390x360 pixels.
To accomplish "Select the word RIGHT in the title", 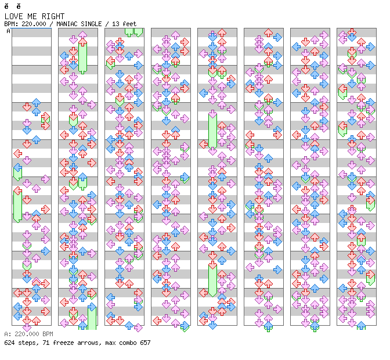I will [x=53, y=16].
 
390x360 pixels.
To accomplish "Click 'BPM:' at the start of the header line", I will [x=11, y=24].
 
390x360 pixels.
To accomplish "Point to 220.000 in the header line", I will [x=34, y=24].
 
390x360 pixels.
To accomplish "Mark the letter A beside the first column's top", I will [x=9, y=31].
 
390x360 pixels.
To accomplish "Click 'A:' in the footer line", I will [x=8, y=334].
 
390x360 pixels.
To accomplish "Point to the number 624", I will [x=9, y=343].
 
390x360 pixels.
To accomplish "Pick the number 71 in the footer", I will [x=46, y=343].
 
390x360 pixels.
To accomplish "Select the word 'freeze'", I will [x=62, y=343].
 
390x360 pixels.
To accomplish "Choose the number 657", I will [x=145, y=343].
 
